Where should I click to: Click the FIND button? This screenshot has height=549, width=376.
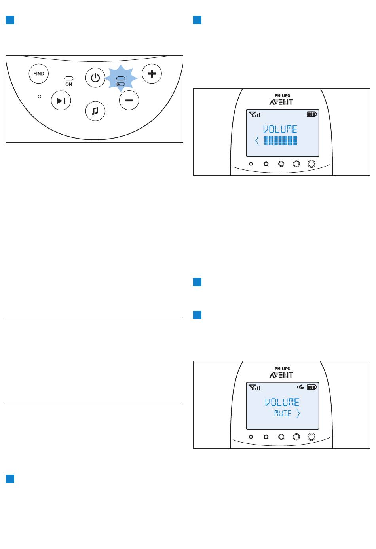(x=38, y=74)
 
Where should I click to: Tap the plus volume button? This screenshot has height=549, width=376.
(x=152, y=74)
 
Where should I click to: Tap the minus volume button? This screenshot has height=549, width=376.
(x=129, y=100)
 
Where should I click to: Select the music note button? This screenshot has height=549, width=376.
(x=95, y=111)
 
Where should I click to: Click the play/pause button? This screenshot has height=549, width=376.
(x=61, y=101)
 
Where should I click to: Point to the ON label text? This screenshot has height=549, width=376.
(x=68, y=84)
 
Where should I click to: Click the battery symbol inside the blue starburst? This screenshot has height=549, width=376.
(x=121, y=84)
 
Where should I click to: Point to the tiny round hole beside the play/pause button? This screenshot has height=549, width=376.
(x=40, y=97)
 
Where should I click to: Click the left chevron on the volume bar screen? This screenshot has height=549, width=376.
(x=256, y=141)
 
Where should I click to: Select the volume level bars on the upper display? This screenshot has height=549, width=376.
(x=280, y=141)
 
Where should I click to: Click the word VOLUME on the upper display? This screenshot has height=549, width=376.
(x=280, y=129)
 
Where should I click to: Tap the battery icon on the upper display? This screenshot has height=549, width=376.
(x=312, y=114)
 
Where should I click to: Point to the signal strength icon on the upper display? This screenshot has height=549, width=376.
(x=254, y=114)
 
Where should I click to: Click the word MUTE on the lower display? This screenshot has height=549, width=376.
(x=283, y=414)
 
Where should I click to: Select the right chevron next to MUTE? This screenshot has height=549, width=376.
(x=298, y=414)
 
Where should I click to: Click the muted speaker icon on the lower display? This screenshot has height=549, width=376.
(x=300, y=387)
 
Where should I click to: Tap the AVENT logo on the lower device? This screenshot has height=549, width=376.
(x=281, y=375)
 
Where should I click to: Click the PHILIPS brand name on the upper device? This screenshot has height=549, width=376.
(x=282, y=95)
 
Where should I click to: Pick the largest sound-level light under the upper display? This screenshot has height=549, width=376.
(x=311, y=164)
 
